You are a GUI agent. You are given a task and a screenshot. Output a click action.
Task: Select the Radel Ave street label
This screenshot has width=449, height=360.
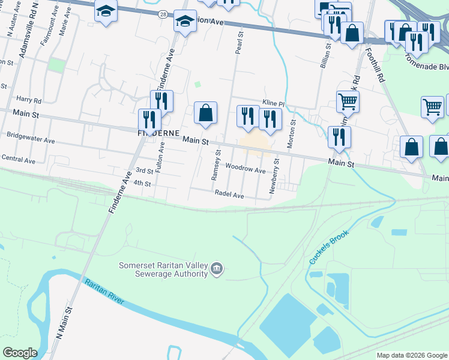pos(229,195)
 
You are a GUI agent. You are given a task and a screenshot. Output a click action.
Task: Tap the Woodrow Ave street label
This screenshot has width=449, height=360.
pos(246,170)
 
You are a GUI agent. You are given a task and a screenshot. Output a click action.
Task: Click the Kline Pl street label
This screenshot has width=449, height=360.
pos(273,103)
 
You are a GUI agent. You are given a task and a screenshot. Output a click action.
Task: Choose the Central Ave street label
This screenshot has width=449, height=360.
pos(19,159)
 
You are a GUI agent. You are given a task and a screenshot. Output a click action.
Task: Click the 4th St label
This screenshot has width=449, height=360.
pos(142,182)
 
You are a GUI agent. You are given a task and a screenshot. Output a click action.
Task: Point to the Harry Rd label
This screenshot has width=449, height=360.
pos(29,100)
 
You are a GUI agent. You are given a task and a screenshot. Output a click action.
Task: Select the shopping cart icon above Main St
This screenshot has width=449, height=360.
pos(348,101)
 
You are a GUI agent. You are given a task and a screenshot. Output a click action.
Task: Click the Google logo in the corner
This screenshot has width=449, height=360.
pos(20,353)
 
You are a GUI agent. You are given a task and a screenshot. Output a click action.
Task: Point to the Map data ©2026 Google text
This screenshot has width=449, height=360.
pos(412,355)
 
